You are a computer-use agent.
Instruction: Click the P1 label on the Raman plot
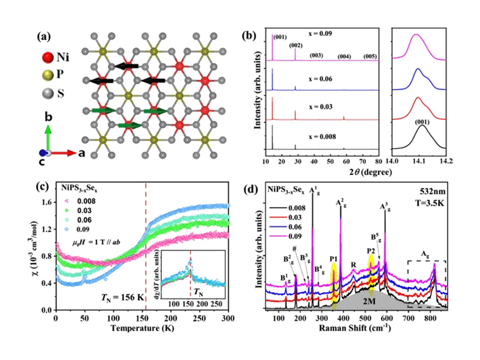pyautogui.click(x=334, y=258)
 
